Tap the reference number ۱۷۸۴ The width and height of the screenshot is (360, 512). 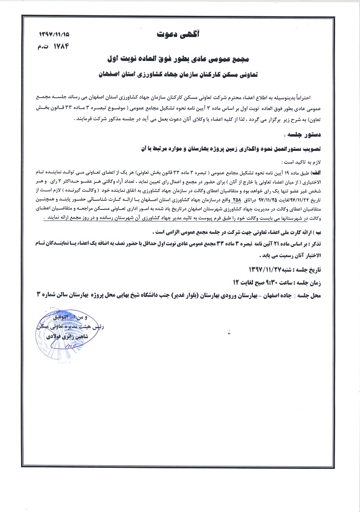60,47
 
